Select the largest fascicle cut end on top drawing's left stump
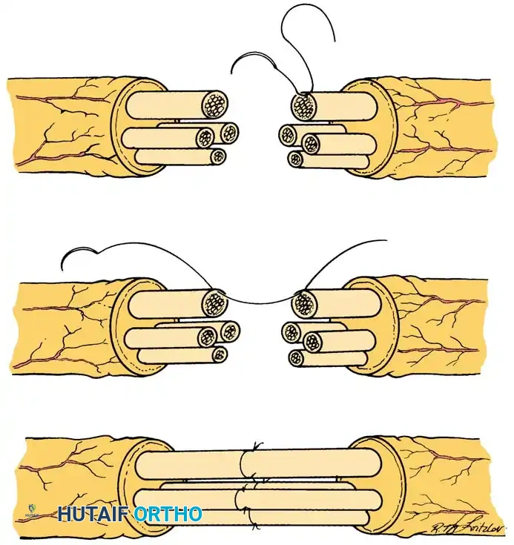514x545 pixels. point(217,104)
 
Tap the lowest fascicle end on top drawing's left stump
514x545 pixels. point(217,156)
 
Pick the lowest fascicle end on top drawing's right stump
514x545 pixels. point(296,159)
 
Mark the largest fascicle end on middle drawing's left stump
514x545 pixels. point(216,303)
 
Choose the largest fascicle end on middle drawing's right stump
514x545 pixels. point(303,303)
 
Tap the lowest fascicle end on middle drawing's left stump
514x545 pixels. point(219,354)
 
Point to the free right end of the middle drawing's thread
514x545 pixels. point(385,240)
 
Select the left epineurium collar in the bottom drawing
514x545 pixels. point(129,486)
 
